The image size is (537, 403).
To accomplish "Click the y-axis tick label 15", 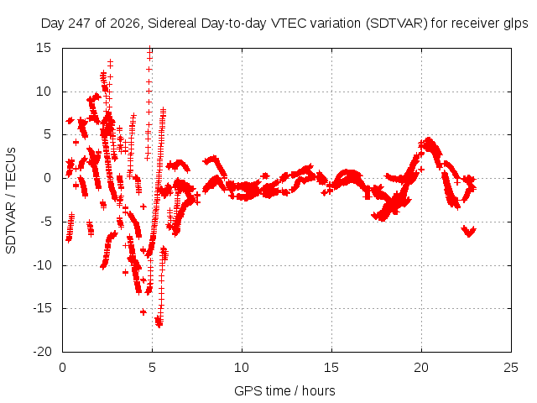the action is pyautogui.click(x=44, y=48).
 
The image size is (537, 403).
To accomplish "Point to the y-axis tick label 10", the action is pyautogui.click(x=44, y=92).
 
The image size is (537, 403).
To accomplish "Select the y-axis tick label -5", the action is pyautogui.click(x=45, y=222).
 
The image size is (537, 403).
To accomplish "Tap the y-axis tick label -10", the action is pyautogui.click(x=42, y=265).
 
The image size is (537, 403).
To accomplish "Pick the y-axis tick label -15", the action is pyautogui.click(x=42, y=308).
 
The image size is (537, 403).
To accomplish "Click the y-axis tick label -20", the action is pyautogui.click(x=42, y=352).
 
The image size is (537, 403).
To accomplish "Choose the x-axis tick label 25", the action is pyautogui.click(x=511, y=368).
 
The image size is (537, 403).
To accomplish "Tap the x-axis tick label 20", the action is pyautogui.click(x=421, y=368).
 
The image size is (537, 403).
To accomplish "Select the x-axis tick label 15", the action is pyautogui.click(x=331, y=368).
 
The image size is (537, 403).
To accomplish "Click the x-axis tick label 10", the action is pyautogui.click(x=242, y=368).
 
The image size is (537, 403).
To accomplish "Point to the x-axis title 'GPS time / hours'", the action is pyautogui.click(x=284, y=390).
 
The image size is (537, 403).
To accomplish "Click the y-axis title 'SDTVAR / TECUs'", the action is pyautogui.click(x=11, y=201).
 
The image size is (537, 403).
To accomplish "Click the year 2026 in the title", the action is pyautogui.click(x=125, y=24).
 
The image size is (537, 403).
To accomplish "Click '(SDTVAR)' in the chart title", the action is pyautogui.click(x=397, y=24).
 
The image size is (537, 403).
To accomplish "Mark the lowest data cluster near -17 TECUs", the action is pyautogui.click(x=159, y=322).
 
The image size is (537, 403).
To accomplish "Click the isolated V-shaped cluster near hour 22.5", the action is pyautogui.click(x=468, y=231).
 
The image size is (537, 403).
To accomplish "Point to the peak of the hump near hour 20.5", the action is pyautogui.click(x=428, y=140).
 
